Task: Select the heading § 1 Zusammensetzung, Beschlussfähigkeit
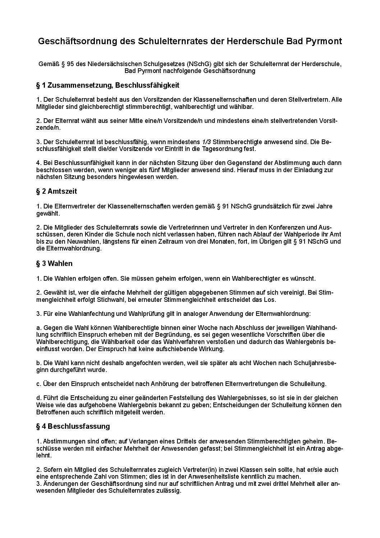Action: (x=108, y=86)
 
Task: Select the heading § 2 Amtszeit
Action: (x=57, y=192)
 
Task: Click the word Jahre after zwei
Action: (x=324, y=206)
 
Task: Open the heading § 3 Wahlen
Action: (x=54, y=263)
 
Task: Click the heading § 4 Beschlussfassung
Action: (x=73, y=427)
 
